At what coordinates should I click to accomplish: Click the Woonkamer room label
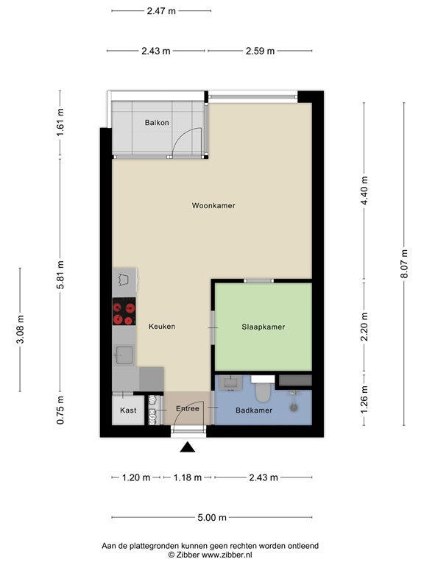[x=213, y=206]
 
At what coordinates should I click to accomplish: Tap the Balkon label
[x=157, y=123]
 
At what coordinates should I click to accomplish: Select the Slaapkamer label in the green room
[x=264, y=327]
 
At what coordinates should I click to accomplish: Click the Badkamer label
[x=254, y=410]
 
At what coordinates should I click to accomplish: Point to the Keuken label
[x=162, y=327]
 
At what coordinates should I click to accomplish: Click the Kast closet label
[x=128, y=410]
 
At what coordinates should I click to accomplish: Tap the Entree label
[x=188, y=408]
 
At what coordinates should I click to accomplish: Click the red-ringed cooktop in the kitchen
[x=124, y=311]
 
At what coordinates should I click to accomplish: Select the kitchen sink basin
[x=124, y=355]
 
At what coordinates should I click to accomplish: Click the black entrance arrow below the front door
[x=188, y=447]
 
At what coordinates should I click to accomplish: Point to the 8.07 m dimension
[x=404, y=264]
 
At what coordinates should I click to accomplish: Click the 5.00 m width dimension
[x=212, y=518]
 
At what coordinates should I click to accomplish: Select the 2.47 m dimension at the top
[x=161, y=11]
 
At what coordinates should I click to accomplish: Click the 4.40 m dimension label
[x=364, y=191]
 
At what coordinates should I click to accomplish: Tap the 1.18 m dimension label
[x=188, y=477]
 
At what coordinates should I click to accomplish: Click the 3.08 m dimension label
[x=21, y=329]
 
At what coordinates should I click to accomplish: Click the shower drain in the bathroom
[x=294, y=408]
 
